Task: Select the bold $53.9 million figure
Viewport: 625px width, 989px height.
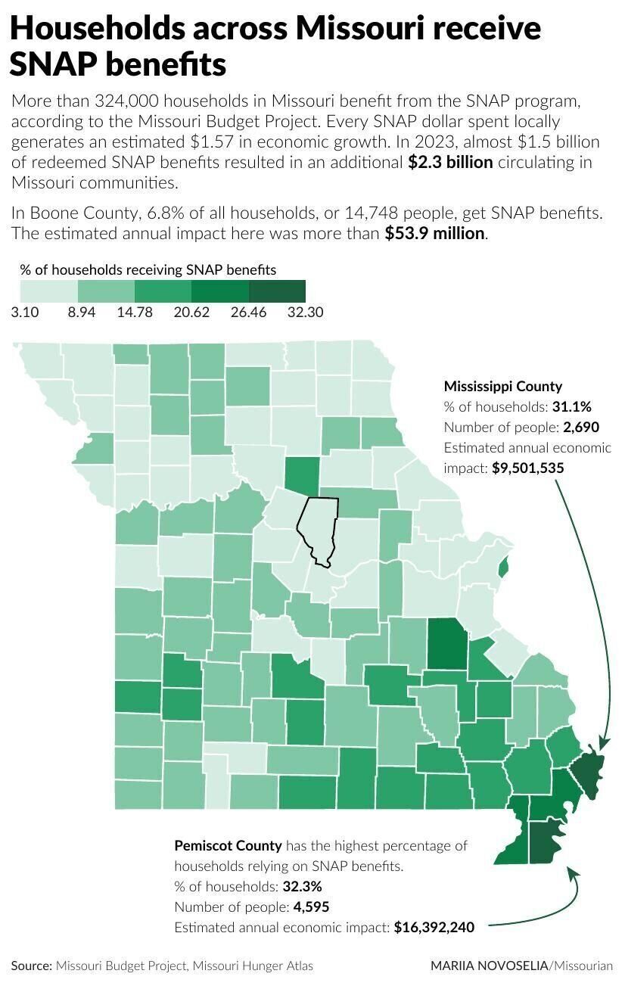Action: coord(435,233)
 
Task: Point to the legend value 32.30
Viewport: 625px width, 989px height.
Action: coord(305,312)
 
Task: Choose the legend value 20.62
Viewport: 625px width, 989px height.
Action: coord(191,312)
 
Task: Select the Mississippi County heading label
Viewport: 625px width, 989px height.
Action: coord(502,386)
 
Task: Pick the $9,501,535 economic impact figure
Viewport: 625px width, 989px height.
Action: coord(527,468)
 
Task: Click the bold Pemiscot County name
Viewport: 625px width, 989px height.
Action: coord(228,845)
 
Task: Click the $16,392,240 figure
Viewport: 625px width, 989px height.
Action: coord(434,927)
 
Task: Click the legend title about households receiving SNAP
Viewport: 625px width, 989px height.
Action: coord(148,269)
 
